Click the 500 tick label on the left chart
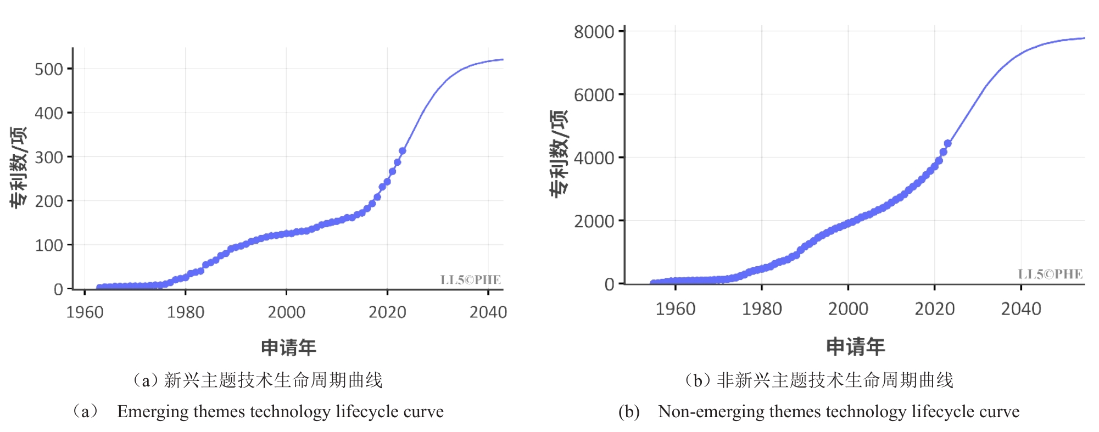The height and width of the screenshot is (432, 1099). click(49, 69)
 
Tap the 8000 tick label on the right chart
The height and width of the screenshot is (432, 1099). click(594, 32)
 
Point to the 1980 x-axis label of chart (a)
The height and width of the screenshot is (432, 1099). click(186, 312)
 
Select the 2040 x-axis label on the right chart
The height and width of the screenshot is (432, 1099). click(1021, 309)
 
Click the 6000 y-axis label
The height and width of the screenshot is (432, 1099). click(594, 95)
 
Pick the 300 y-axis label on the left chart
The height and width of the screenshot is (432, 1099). click(49, 158)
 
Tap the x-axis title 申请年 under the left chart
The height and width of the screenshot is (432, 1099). click(288, 347)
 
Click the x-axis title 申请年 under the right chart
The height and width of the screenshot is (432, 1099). click(855, 346)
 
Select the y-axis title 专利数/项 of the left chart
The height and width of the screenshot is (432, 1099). click(18, 167)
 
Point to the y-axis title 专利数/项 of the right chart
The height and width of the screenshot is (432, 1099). click(559, 153)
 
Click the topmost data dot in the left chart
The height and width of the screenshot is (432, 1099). click(403, 150)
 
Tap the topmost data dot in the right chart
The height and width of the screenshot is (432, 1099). click(947, 143)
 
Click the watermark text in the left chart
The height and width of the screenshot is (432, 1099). click(470, 280)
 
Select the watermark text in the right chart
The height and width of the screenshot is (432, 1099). click(1050, 274)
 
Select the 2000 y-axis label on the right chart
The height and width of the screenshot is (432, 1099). click(594, 221)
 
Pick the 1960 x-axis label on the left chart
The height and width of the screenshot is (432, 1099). click(85, 312)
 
